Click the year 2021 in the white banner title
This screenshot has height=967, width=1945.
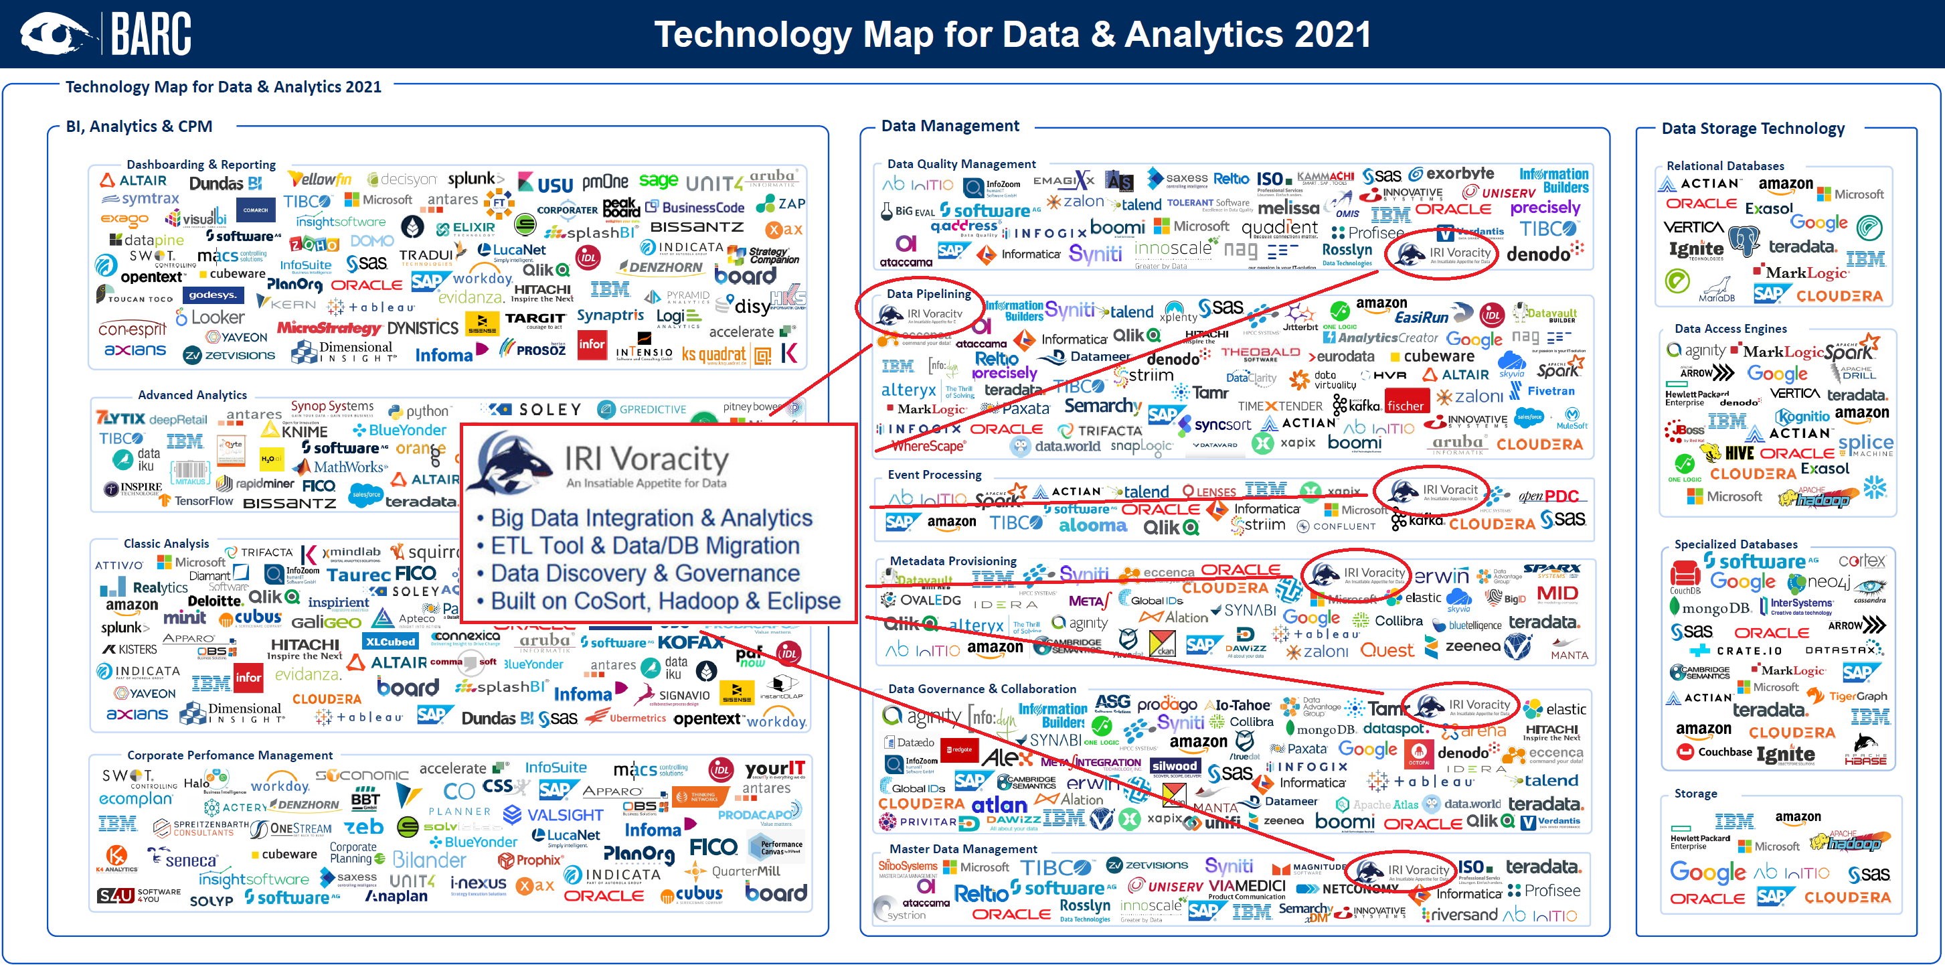click(x=1332, y=35)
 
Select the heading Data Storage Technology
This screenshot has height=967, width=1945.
click(x=1752, y=129)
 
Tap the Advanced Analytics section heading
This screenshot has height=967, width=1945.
click(x=192, y=394)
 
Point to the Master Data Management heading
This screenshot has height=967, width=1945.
click(x=962, y=848)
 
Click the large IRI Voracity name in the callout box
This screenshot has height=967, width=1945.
click(x=647, y=459)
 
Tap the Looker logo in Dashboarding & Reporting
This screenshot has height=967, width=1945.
click(x=211, y=318)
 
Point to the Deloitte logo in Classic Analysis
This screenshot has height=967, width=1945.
click(x=216, y=601)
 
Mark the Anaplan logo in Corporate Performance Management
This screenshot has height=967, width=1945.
click(x=396, y=896)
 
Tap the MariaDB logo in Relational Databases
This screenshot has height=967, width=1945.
click(x=1716, y=291)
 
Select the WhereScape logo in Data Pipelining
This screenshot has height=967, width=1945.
click(x=928, y=447)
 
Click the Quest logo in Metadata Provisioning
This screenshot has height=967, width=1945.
click(x=1387, y=650)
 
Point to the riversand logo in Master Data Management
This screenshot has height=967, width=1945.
click(x=1460, y=914)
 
